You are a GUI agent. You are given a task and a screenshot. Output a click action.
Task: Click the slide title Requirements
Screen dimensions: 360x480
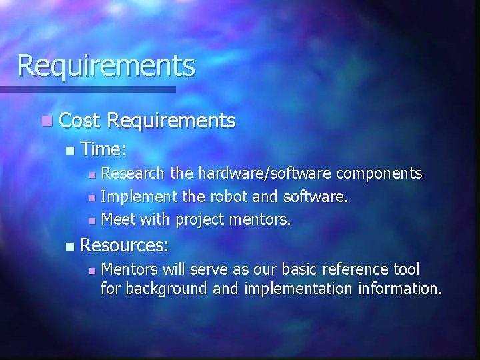106,66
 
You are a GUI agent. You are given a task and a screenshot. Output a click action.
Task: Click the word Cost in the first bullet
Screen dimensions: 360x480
79,120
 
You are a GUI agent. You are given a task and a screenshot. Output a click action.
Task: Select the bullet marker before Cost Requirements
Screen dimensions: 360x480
45,121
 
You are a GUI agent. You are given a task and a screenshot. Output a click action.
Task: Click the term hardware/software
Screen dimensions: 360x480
251,174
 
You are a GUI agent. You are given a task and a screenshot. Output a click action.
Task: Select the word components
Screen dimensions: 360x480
379,174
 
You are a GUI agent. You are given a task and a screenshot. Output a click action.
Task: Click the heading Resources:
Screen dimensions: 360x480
124,245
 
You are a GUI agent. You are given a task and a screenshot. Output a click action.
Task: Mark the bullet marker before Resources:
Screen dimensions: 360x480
70,247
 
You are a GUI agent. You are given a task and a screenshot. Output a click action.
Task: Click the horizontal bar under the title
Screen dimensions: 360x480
87,89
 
